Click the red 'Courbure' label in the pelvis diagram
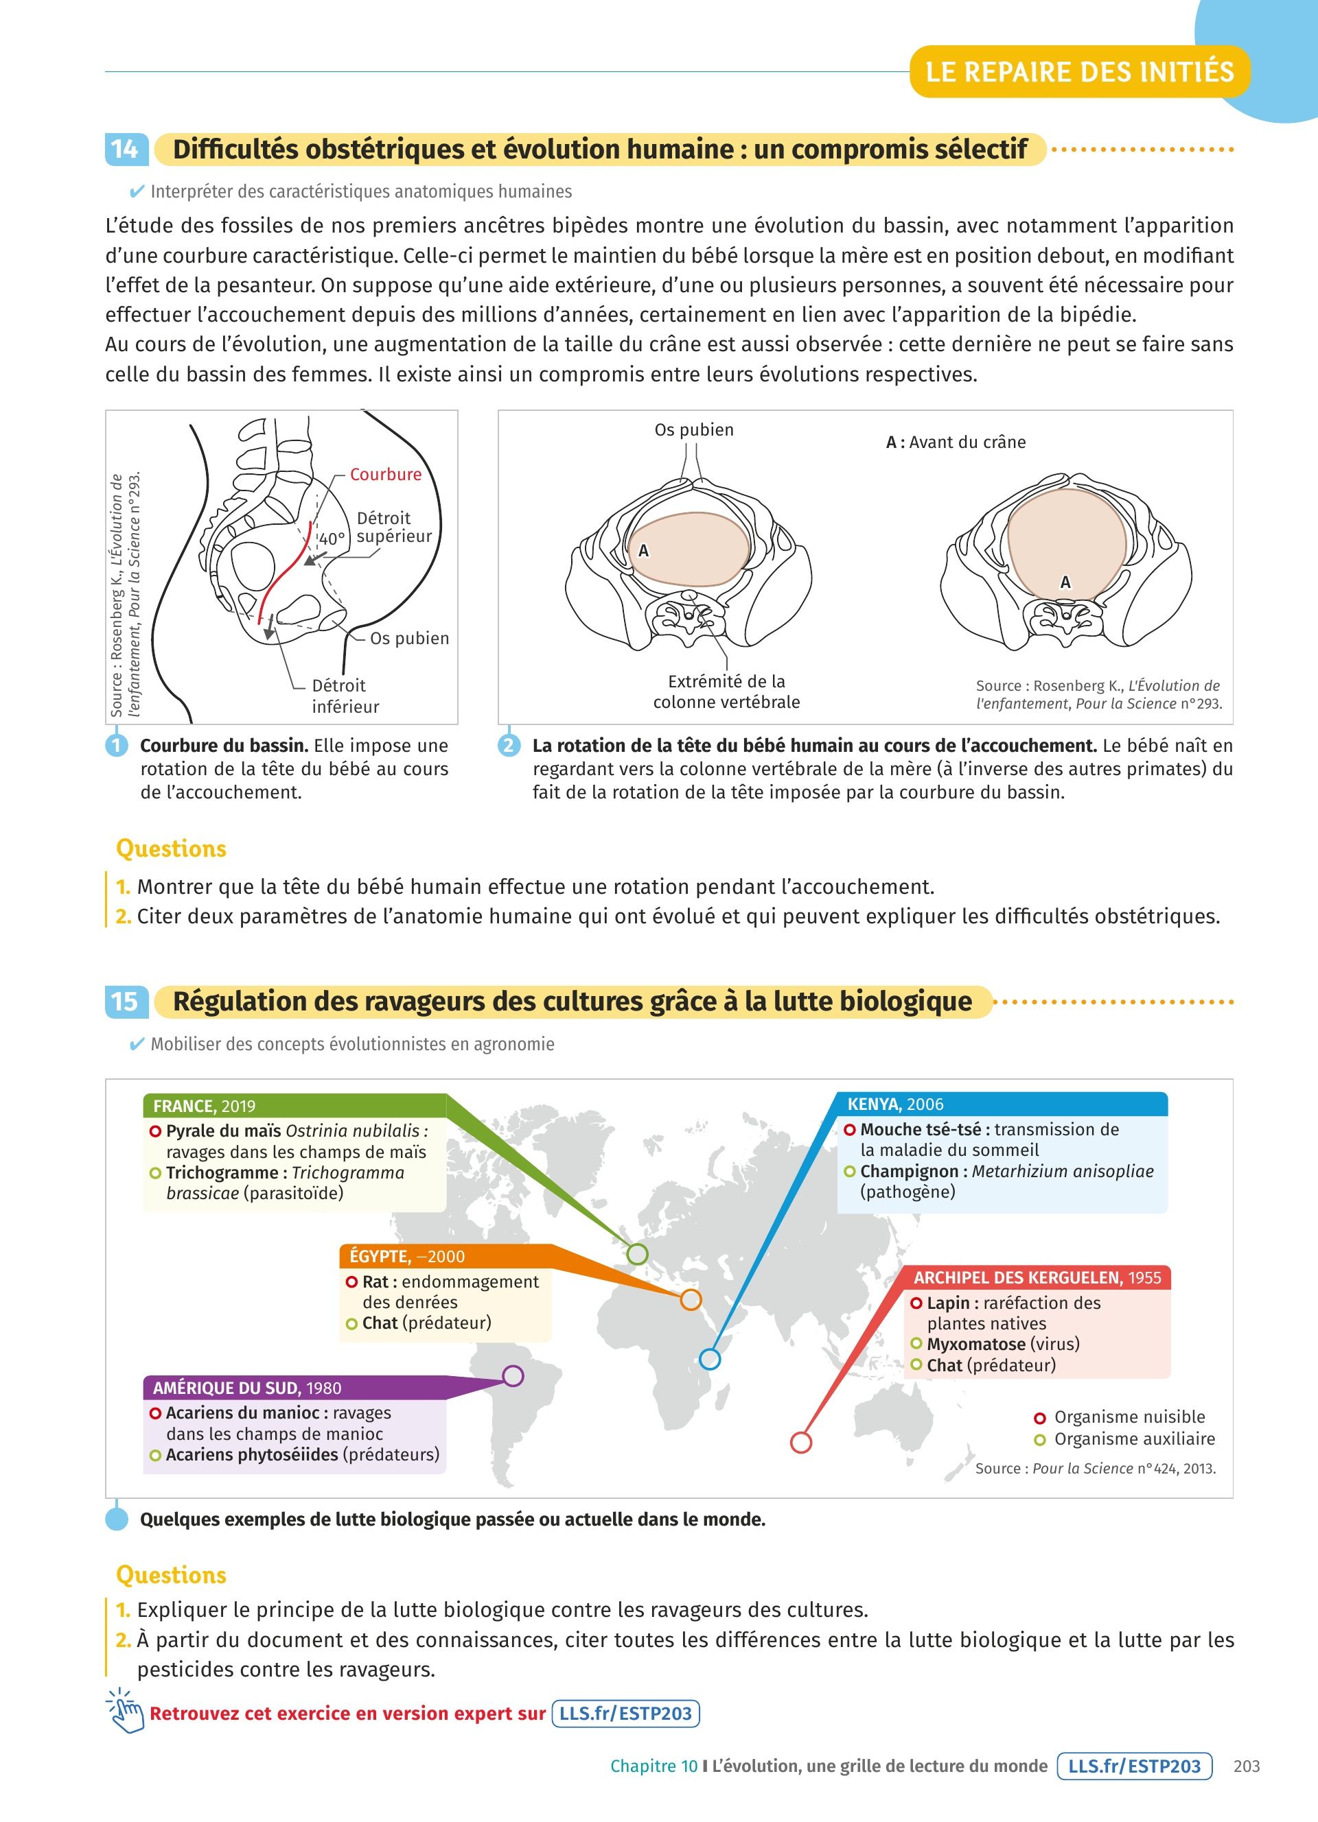(x=385, y=474)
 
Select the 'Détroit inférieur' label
(x=344, y=696)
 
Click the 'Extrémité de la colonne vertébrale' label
(x=726, y=691)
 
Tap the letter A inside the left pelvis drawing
(x=643, y=551)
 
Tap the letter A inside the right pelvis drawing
(x=1065, y=582)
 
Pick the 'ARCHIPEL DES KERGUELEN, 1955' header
(x=1037, y=1277)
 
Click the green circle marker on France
(x=636, y=1253)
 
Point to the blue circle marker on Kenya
(x=710, y=1359)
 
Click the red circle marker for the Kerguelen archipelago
(x=800, y=1442)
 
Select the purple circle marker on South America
(x=513, y=1376)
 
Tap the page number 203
(x=1247, y=1766)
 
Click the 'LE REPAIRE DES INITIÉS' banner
(x=1079, y=72)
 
